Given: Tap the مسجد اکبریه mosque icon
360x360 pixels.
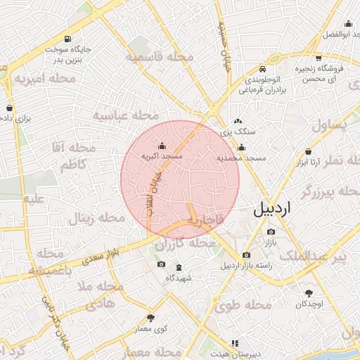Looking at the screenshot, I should click(162, 146).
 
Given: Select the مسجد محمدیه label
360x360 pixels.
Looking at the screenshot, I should click(241, 158).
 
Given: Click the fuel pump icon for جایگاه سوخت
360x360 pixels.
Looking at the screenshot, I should click(67, 39).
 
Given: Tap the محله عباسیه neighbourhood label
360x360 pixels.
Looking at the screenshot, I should click(127, 115).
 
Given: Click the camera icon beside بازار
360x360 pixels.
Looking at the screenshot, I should click(271, 232).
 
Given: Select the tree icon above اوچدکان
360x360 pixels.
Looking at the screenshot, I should click(309, 292).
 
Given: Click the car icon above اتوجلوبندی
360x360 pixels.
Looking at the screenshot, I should click(262, 69).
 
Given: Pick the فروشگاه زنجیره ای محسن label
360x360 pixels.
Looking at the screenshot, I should click(327, 74).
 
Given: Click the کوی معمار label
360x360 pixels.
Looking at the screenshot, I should click(151, 328).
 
